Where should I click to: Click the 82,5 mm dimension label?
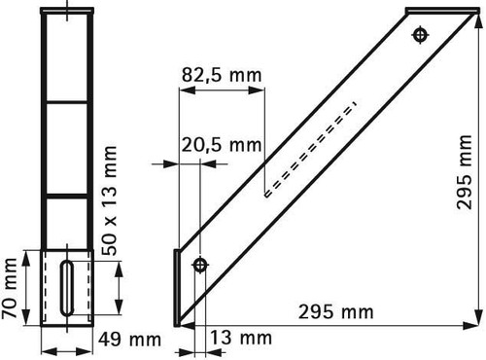click(x=222, y=75)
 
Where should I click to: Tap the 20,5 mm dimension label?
click(x=222, y=145)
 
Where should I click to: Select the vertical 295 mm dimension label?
click(x=464, y=172)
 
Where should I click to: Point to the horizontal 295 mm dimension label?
click(x=336, y=312)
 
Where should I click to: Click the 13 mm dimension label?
click(x=241, y=338)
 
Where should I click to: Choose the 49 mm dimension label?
click(x=129, y=340)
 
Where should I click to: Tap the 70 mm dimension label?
click(x=9, y=288)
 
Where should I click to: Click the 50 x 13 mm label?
click(x=109, y=200)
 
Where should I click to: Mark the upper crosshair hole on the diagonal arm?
click(x=421, y=35)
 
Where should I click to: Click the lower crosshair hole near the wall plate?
click(x=200, y=265)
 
